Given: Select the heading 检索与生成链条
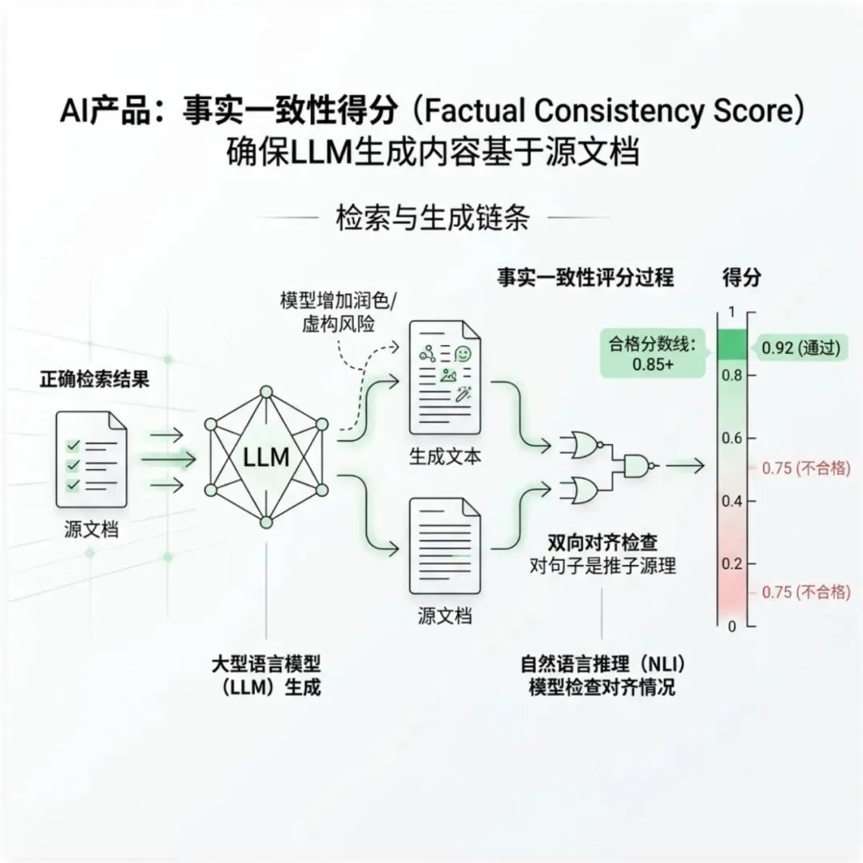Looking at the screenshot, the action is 431,217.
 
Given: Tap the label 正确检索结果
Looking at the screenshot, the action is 94,380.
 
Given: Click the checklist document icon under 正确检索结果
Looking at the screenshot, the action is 90,460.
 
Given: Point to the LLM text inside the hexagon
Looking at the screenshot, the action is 265,458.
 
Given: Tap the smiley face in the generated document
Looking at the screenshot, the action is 461,352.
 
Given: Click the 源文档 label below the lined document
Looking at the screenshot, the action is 444,616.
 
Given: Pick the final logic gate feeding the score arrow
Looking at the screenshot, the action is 641,465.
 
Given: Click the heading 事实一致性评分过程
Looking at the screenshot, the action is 585,277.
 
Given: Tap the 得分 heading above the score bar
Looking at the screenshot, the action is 742,277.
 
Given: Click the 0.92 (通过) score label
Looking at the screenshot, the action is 799,348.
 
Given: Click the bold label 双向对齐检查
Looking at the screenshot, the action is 603,543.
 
